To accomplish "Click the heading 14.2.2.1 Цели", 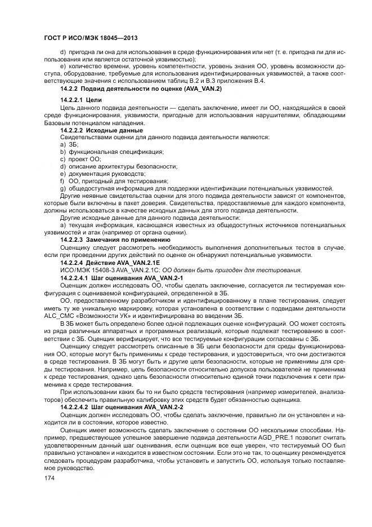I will click(x=78, y=100).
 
